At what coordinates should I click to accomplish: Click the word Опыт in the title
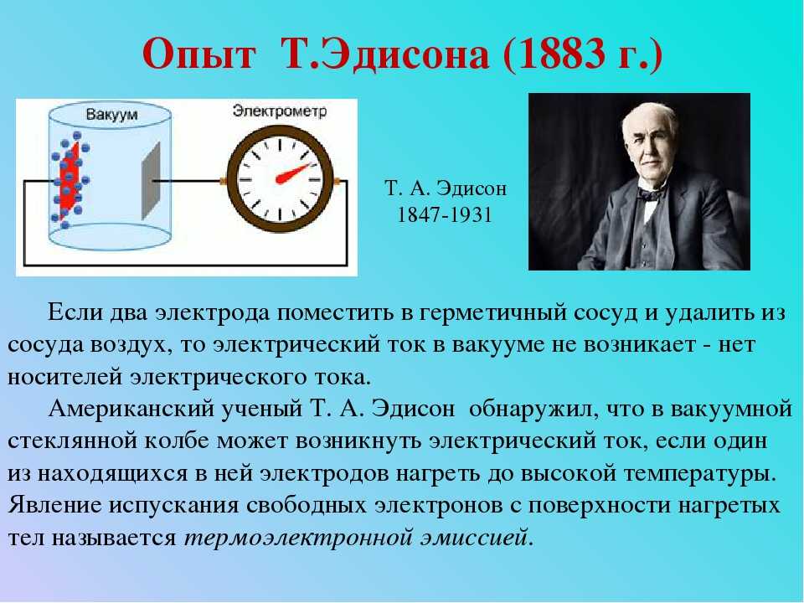(198, 54)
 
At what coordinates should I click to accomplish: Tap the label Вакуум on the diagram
(111, 115)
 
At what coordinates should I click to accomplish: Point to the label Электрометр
(280, 111)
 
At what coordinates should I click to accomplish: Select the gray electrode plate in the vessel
(151, 181)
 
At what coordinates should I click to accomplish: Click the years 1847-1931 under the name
(445, 214)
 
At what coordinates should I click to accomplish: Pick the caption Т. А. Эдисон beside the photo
(445, 188)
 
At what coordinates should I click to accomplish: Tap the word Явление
(54, 505)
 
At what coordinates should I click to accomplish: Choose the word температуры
(696, 474)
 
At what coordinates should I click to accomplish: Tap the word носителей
(64, 377)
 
